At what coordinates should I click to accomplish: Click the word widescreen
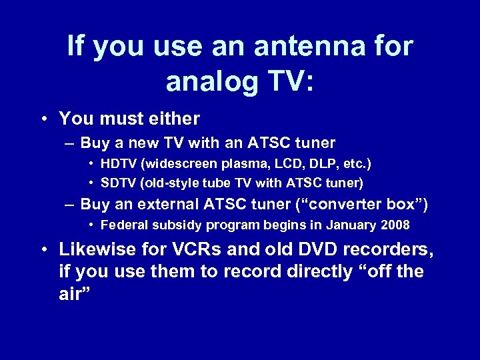pyautogui.click(x=174, y=163)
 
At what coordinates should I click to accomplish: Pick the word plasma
pyautogui.click(x=234, y=163)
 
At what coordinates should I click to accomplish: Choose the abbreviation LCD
pyautogui.click(x=272, y=163)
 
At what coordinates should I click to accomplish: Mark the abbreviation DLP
pyautogui.click(x=304, y=163)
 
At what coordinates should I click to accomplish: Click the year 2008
pyautogui.click(x=395, y=225)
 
